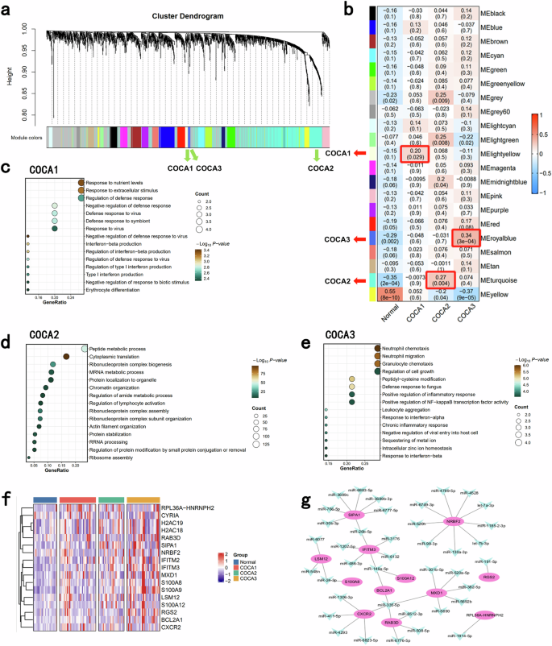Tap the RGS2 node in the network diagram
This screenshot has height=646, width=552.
[x=510, y=554]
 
